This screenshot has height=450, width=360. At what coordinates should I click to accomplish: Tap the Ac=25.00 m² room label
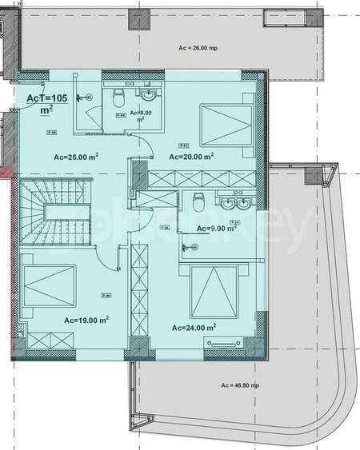pos(76,157)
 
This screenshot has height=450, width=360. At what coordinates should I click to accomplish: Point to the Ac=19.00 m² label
pos(86,320)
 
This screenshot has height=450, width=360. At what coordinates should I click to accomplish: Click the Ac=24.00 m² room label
pos(194,327)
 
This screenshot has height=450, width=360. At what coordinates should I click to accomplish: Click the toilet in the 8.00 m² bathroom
pos(118,99)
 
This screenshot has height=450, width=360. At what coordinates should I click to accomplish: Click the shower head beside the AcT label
pos(83,97)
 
